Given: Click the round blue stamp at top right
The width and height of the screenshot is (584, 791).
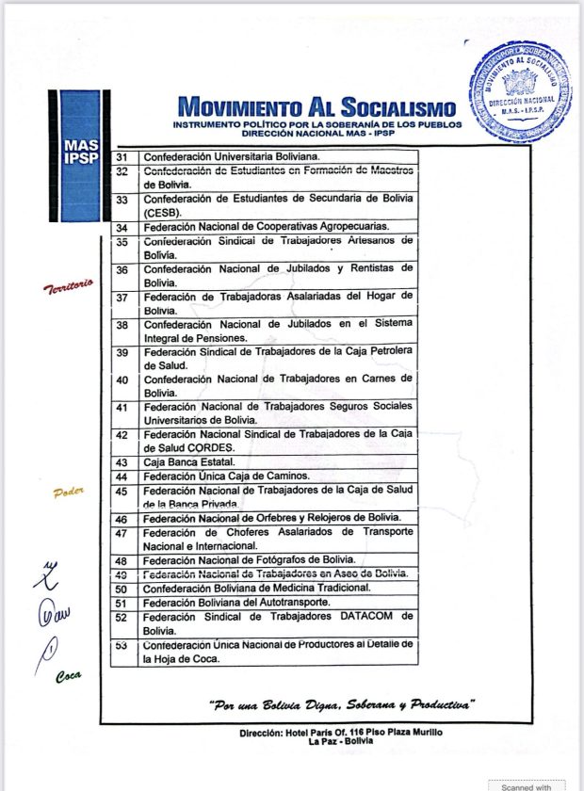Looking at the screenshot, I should click(520, 90).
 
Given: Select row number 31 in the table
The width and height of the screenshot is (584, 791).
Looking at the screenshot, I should click(122, 156).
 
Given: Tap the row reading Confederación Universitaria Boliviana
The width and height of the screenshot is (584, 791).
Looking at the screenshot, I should click(232, 156).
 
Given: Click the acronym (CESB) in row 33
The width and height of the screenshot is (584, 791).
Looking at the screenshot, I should click(164, 214).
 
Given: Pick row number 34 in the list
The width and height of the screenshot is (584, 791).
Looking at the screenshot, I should click(122, 228).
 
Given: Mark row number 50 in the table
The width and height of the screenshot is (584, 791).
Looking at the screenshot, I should click(122, 589).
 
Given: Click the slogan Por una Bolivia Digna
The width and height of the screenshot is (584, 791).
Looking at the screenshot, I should click(342, 704).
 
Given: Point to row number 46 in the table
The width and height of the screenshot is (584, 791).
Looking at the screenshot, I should click(122, 519).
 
